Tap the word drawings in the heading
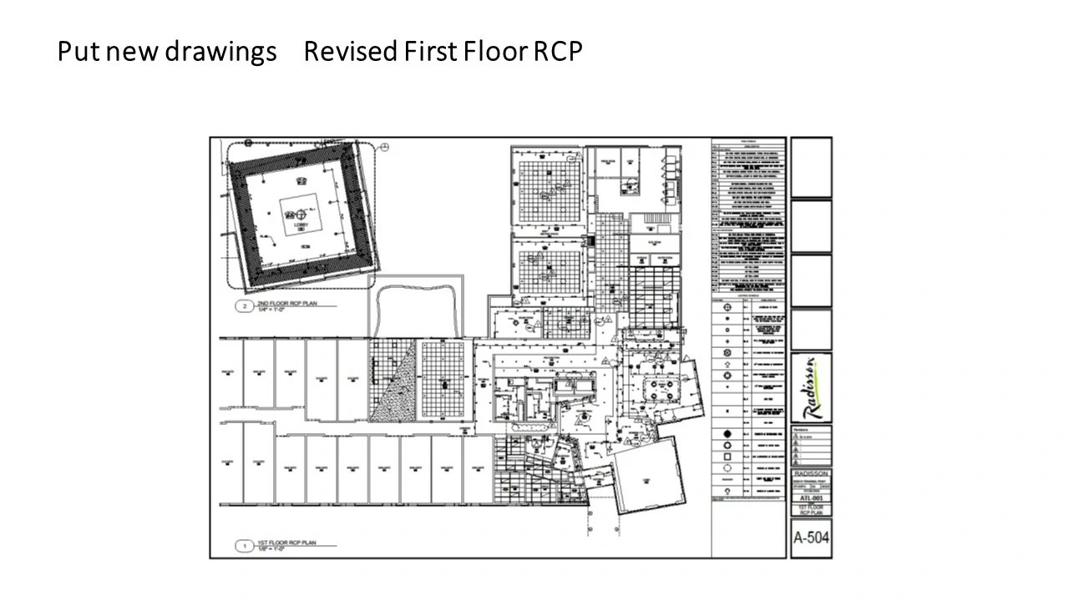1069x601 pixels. [x=220, y=52]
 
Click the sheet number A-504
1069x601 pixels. [x=811, y=538]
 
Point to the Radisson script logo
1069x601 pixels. [x=811, y=387]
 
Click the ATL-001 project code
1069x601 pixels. [x=811, y=497]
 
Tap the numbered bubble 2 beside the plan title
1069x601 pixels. [x=244, y=306]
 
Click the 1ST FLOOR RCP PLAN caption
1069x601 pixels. [x=286, y=544]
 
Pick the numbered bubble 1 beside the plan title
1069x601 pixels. [x=244, y=547]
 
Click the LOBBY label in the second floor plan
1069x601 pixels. [x=301, y=225]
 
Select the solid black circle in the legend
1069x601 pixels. [x=727, y=434]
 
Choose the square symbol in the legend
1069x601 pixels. [x=727, y=458]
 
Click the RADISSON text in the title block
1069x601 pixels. [x=811, y=473]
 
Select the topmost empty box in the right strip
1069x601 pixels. [x=811, y=167]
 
